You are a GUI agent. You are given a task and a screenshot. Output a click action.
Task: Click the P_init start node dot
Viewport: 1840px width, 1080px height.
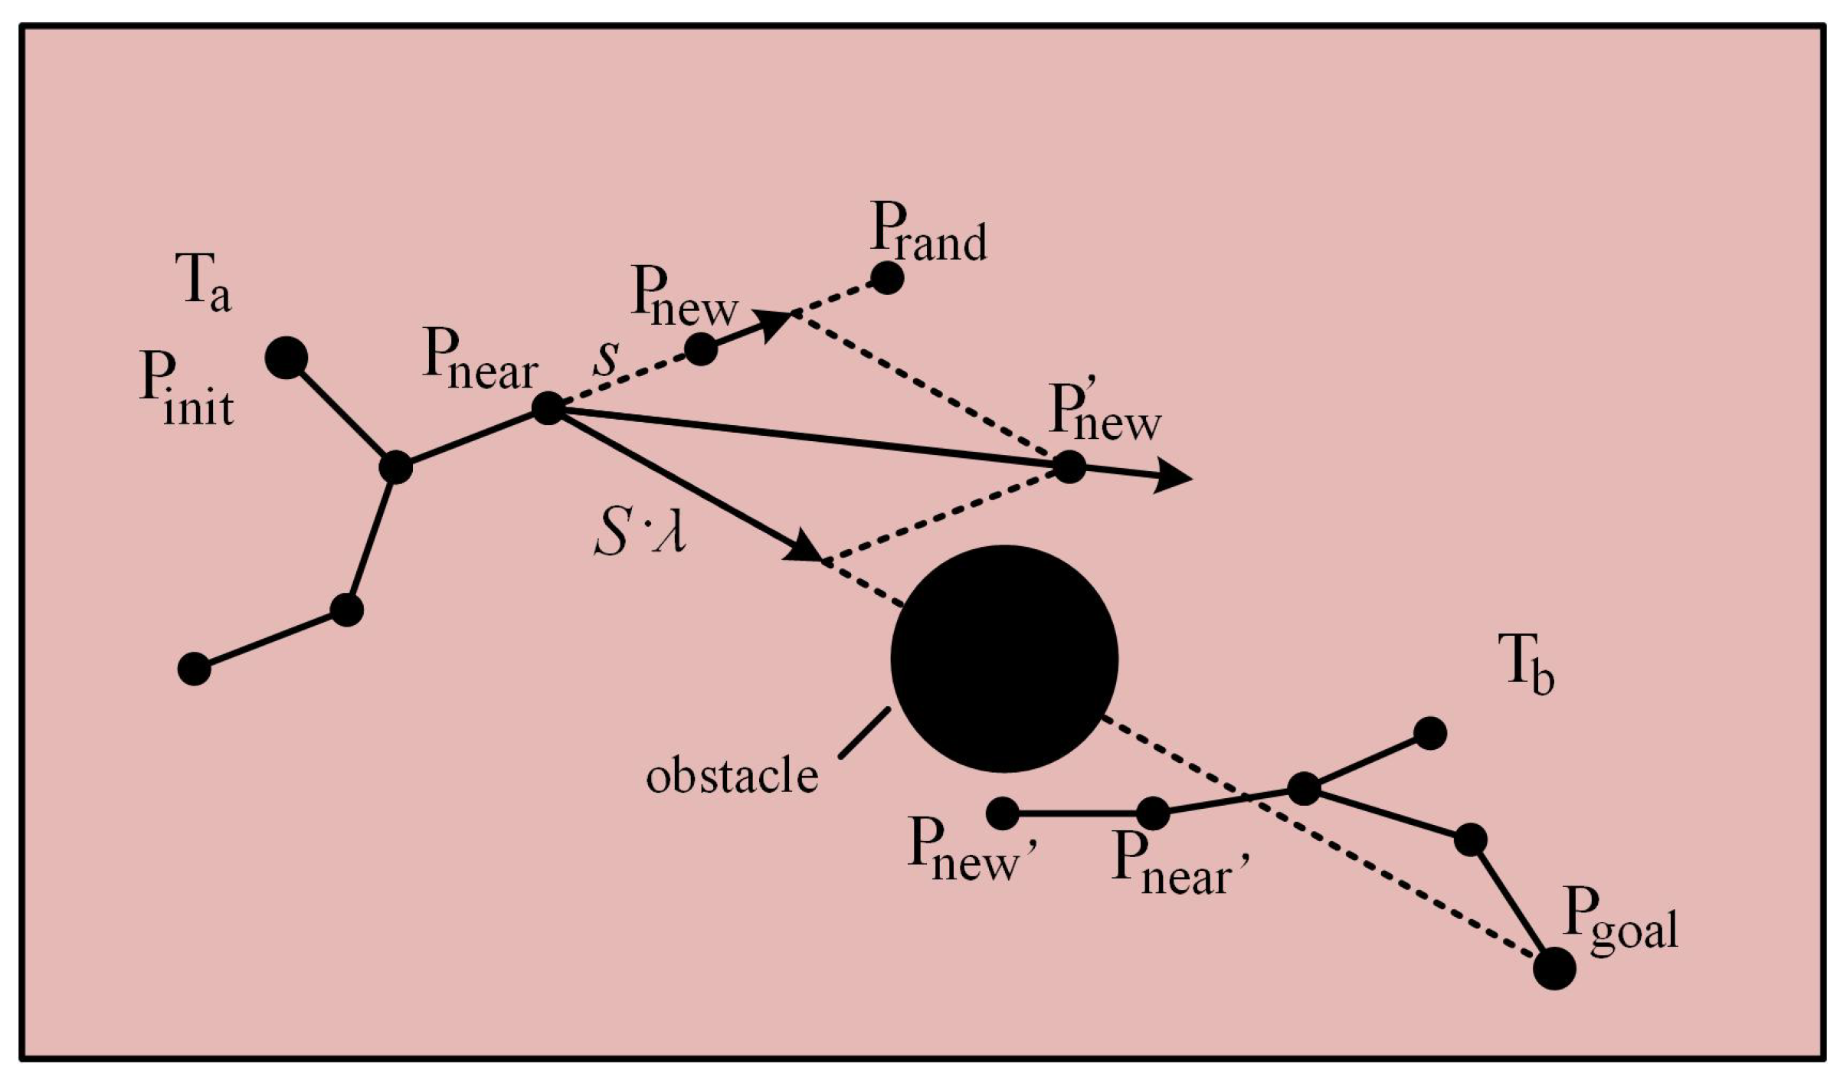pyautogui.click(x=286, y=357)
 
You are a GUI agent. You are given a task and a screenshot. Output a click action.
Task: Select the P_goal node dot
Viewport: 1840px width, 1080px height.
pyautogui.click(x=1554, y=968)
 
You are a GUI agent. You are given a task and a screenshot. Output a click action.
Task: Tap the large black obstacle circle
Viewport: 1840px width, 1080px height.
pyautogui.click(x=1004, y=659)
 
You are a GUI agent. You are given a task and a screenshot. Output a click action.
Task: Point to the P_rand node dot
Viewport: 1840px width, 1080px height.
pyautogui.click(x=887, y=277)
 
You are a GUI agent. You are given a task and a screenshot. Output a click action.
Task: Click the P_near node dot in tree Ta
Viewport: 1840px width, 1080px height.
pyautogui.click(x=548, y=408)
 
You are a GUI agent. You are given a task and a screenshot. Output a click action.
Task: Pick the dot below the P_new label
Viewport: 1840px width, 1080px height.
pyautogui.click(x=701, y=350)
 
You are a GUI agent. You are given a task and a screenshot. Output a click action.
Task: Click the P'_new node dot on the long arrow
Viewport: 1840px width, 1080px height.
pyautogui.click(x=1069, y=466)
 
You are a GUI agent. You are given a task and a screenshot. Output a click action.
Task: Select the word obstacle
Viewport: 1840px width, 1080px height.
pyautogui.click(x=732, y=776)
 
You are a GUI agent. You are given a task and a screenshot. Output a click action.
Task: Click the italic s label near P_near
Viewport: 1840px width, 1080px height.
pyautogui.click(x=605, y=358)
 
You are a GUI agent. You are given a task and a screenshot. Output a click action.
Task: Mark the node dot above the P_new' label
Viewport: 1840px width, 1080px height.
pyautogui.click(x=1003, y=813)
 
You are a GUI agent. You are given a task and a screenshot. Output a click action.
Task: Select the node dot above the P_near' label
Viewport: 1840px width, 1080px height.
pyautogui.click(x=1153, y=813)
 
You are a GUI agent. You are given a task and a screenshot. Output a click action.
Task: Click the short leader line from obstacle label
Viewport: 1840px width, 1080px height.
pyautogui.click(x=865, y=733)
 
